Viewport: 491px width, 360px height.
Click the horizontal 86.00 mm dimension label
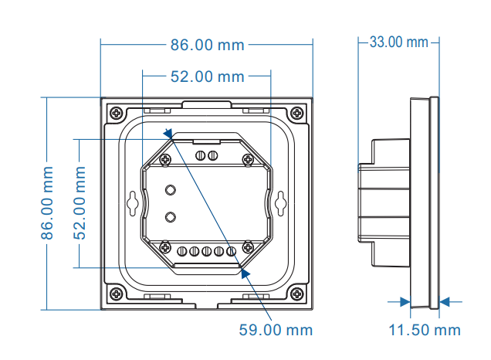coord(207,45)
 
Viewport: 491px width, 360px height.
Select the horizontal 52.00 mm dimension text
coord(207,76)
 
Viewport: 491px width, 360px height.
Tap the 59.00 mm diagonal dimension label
coord(276,330)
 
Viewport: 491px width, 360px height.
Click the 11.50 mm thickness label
coord(424,331)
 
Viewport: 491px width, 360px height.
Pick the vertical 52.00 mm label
coord(80,202)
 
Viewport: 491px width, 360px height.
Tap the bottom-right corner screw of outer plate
coord(298,294)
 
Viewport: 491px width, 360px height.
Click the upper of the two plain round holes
coord(171,190)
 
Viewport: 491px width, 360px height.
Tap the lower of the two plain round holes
coord(171,217)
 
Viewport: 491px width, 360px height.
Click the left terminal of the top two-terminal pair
coord(201,156)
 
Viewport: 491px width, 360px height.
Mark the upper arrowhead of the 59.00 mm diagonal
coord(169,136)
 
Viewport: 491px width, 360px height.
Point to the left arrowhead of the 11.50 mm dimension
coord(405,302)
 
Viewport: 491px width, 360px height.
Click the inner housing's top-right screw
coord(247,159)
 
